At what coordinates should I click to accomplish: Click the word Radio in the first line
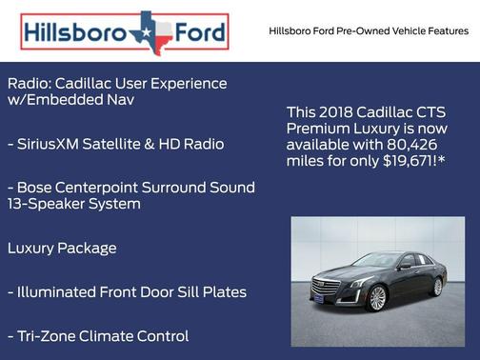29,84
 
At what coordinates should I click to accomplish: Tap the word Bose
38,187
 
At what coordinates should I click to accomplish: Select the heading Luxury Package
62,249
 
